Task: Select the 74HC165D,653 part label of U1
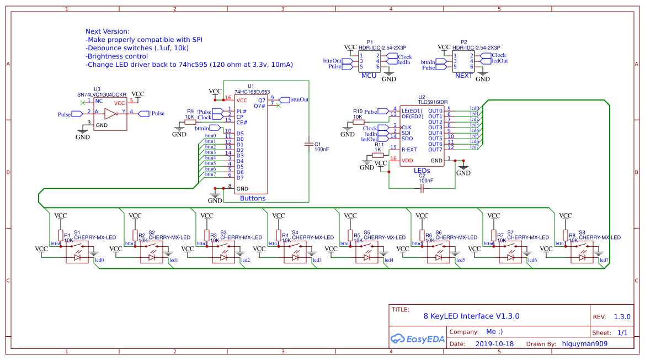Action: point(252,92)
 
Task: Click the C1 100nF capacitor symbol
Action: point(308,145)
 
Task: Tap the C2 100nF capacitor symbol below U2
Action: point(422,189)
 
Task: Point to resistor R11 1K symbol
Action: point(378,155)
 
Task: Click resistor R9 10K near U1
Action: point(190,123)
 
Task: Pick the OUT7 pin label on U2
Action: point(435,150)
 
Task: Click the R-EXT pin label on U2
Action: point(409,150)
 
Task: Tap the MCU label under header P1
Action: point(369,76)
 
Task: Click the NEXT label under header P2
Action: point(463,76)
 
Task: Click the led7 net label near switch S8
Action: point(604,260)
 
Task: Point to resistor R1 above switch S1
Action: point(61,235)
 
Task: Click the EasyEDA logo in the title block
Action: point(414,338)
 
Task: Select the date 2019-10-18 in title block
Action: point(494,343)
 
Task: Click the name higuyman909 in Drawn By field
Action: point(584,343)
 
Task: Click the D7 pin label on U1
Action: point(240,178)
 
